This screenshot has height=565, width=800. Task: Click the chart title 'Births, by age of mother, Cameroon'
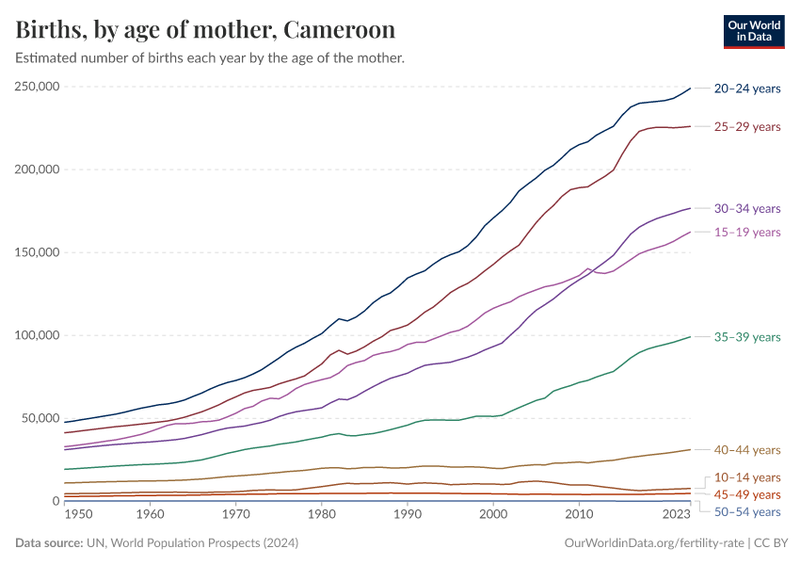pos(205,29)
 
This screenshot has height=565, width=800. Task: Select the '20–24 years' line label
pos(747,89)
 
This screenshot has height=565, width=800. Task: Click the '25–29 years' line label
pos(747,126)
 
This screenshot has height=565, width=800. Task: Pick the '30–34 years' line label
pos(747,208)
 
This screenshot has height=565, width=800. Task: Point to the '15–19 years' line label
pos(747,232)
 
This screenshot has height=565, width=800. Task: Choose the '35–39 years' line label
pos(747,337)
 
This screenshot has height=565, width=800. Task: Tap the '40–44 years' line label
pos(747,449)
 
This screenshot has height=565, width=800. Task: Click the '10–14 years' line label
pos(747,477)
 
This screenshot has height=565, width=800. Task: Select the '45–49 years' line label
pos(747,494)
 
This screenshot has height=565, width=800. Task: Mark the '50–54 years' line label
pos(747,511)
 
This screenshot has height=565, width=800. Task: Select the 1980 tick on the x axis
pos(321,515)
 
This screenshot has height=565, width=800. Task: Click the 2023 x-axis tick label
pos(676,515)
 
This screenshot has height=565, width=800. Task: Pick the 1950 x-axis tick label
pos(78,515)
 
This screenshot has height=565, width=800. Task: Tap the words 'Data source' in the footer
pos(46,543)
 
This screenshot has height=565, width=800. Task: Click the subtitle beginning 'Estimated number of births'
pos(210,57)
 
